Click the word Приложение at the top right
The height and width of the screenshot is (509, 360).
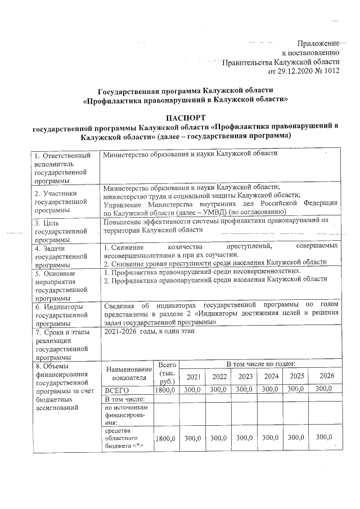click(318, 43)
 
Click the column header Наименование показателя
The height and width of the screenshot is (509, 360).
click(128, 372)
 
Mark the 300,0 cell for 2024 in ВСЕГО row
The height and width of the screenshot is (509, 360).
click(271, 389)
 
